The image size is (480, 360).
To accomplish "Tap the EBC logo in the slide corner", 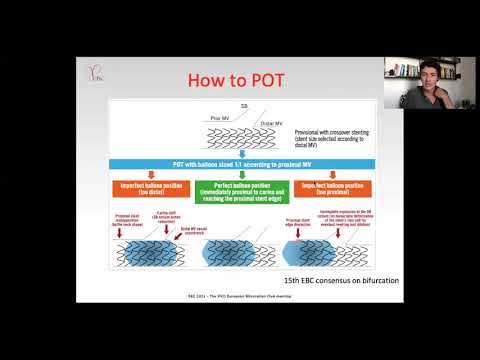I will coord(96,75).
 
